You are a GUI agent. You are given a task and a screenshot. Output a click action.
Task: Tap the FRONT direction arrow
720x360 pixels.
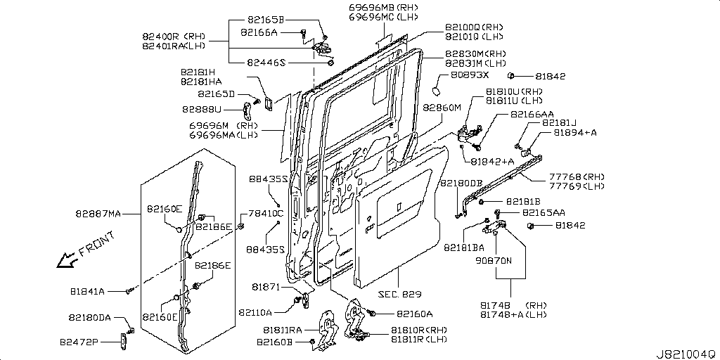(67, 261)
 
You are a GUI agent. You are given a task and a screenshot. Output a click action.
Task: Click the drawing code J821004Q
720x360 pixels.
(686, 354)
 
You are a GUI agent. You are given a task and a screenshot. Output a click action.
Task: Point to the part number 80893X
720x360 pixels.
(469, 75)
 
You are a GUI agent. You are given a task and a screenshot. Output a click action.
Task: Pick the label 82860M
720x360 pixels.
(442, 108)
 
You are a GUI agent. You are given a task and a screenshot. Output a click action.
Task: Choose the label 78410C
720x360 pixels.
(267, 213)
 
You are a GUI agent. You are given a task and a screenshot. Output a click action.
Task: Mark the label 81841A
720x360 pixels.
(87, 290)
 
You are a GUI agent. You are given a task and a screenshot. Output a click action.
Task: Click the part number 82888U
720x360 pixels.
(202, 109)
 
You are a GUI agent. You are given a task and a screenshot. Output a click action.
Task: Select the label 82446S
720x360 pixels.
(266, 63)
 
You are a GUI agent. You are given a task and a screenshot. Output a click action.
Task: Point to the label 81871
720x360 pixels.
(266, 287)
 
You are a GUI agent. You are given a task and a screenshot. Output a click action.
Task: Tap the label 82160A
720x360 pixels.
(415, 314)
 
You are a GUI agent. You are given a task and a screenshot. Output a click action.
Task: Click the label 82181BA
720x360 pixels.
(464, 247)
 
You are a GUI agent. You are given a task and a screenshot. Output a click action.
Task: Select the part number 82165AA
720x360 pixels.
(544, 212)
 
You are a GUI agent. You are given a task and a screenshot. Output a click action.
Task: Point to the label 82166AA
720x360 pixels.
(532, 114)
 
